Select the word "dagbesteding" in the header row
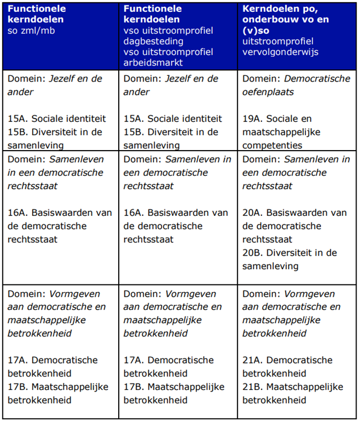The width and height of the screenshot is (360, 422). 150,41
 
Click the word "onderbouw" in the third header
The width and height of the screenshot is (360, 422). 268,20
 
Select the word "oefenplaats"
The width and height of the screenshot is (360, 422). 268,92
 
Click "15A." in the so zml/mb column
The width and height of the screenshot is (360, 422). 18,119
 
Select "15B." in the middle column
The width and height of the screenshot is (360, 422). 134,132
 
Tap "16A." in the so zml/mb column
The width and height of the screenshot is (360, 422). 18,213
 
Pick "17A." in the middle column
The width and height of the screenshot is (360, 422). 134,360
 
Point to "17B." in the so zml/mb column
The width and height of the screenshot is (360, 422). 18,387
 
